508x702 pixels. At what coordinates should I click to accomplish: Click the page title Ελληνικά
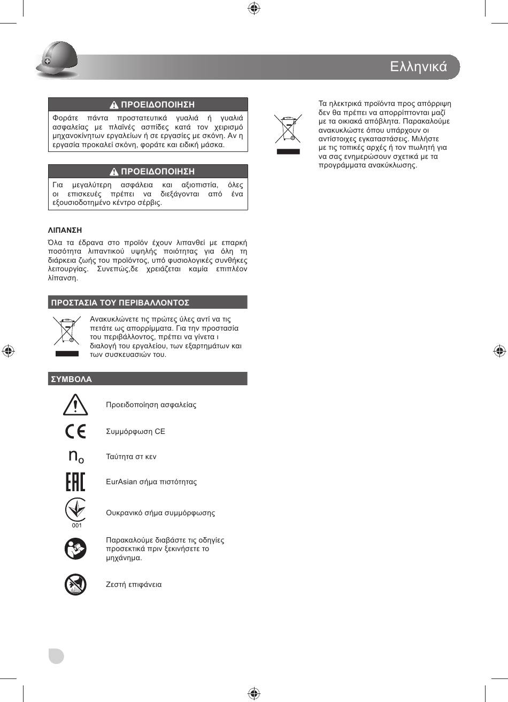coord(418,66)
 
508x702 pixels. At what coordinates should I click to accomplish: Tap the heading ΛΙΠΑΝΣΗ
coord(65,230)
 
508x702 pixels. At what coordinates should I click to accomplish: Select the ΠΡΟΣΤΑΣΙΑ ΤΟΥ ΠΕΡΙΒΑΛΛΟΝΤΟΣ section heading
coord(120,302)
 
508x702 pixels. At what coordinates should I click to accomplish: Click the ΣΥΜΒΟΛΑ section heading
coord(72,379)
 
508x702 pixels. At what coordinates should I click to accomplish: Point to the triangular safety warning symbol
coord(75,405)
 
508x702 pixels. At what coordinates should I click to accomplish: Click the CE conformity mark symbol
coord(75,431)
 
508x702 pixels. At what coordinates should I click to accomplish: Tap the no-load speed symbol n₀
coord(76,456)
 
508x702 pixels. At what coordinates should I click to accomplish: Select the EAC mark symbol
coord(75,482)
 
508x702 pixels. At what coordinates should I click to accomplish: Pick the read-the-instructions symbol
coord(75,548)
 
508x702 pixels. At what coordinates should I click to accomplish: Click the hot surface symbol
coord(75,584)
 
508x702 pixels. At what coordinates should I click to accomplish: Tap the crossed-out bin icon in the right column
coord(288,129)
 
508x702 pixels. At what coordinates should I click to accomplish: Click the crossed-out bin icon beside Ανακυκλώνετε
coord(66,331)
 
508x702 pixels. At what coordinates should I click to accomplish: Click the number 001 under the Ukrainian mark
coord(77,525)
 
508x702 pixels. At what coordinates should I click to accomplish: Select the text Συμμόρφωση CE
coord(135,431)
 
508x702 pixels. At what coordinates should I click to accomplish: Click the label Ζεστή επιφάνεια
coord(134,584)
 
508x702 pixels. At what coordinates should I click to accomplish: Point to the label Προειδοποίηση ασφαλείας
coord(151,405)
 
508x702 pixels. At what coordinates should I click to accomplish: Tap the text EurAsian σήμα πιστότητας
coord(151,482)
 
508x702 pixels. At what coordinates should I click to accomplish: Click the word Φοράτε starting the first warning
coord(65,118)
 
